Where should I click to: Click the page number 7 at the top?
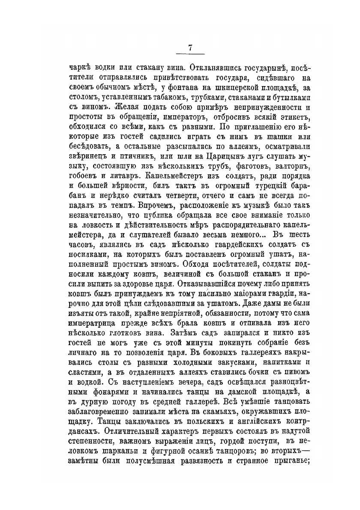point(190,48)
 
